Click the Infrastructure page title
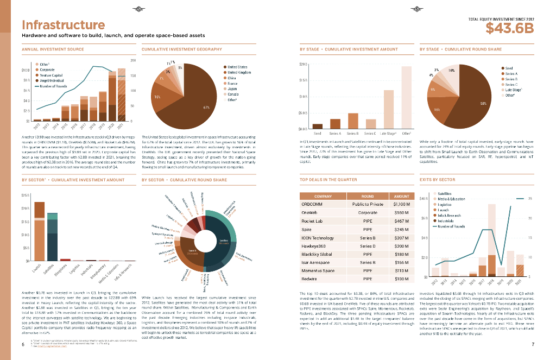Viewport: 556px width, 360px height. [x=63, y=25]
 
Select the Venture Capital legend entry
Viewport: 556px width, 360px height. [x=51, y=75]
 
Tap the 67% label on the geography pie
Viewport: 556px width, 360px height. [x=206, y=108]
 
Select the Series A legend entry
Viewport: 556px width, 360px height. [x=511, y=73]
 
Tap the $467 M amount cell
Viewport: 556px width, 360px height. [x=401, y=222]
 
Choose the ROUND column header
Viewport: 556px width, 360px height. [x=368, y=195]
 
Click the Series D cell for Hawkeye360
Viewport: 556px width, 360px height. [x=368, y=246]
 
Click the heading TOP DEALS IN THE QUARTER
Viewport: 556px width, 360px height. [x=325, y=179]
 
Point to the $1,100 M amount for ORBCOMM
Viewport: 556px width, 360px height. [x=401, y=204]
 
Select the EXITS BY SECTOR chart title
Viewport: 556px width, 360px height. [x=437, y=179]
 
